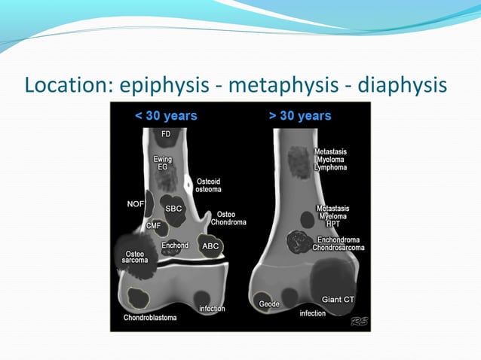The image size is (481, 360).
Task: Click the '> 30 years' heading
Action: coord(299,116)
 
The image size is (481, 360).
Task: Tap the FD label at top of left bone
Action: coord(166,134)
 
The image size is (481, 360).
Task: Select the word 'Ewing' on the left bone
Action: coord(162,159)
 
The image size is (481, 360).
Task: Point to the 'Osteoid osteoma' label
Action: coord(208,185)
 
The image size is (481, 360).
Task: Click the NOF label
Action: coord(136,203)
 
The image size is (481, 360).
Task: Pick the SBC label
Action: coord(174,209)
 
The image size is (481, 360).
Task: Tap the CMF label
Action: coord(153,225)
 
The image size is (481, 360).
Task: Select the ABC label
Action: coord(210,246)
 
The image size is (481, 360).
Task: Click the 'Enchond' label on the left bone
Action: coord(175,246)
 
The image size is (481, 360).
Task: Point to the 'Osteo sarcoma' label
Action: coord(136,258)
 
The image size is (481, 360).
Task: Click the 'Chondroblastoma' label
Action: coord(150,318)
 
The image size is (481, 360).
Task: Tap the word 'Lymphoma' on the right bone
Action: coord(331,168)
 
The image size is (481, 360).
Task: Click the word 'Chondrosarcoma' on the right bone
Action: coord(343,248)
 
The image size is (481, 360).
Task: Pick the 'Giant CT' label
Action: coord(337,300)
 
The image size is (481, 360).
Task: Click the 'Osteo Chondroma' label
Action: coord(226,218)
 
